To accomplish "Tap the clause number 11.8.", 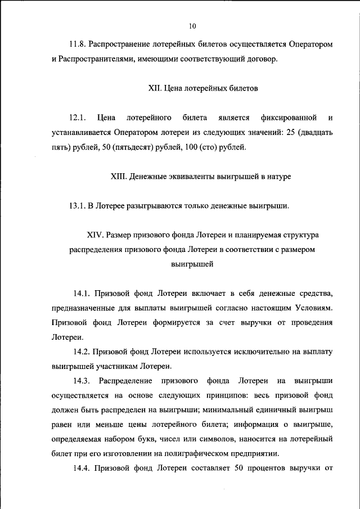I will pos(78,44).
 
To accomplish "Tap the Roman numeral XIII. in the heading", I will pos(119,177).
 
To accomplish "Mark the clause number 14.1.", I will pos(82,294).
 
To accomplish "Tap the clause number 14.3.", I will pos(82,381).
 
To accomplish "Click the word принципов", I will pos(214,396).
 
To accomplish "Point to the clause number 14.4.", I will pos(82,469).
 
